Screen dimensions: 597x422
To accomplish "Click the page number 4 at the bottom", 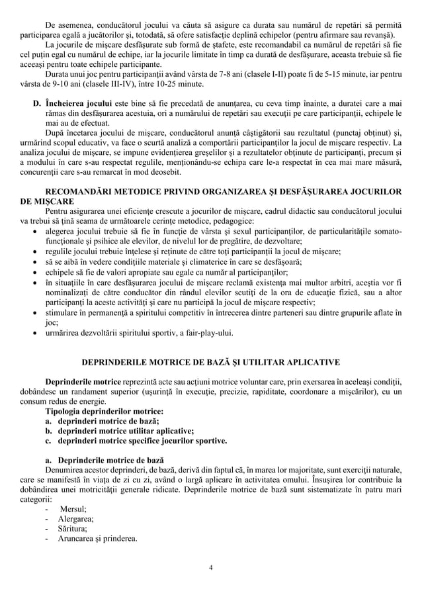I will [210, 567].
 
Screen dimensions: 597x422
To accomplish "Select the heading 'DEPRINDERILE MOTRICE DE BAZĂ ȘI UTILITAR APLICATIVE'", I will [210, 362].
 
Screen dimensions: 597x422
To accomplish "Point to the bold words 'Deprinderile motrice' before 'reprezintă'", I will [83, 383].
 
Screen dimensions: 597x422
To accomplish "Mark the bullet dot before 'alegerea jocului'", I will [35, 232].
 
